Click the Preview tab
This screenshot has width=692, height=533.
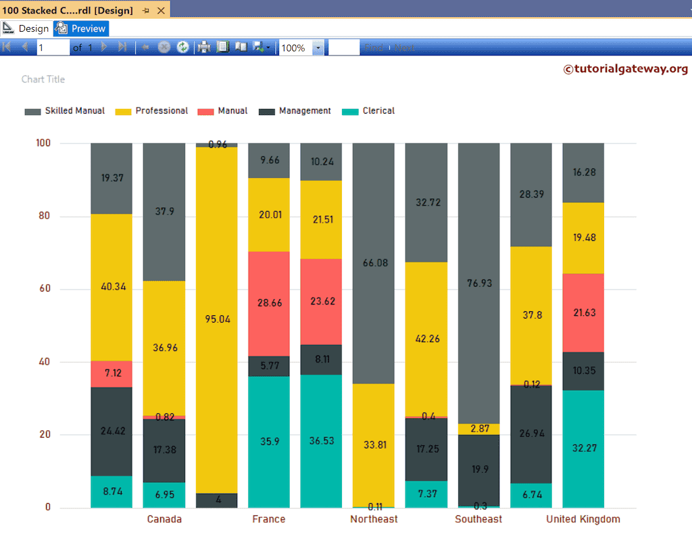[82, 28]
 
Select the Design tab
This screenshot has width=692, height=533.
[26, 28]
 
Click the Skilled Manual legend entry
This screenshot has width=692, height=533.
[66, 111]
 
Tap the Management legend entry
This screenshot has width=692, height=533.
[295, 111]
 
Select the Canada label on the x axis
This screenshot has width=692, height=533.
[164, 519]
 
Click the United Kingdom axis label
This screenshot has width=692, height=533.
[583, 519]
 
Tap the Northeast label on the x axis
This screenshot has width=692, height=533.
[374, 519]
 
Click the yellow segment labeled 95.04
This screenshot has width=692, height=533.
[217, 320]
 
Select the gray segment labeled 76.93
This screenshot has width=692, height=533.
[478, 283]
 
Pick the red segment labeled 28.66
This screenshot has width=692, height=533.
[269, 304]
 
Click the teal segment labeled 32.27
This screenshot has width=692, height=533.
[583, 448]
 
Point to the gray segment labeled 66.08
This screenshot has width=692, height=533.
[374, 263]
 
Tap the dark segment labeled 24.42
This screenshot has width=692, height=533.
[112, 432]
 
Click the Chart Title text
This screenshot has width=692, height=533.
[43, 79]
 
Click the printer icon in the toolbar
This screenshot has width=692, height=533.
[203, 47]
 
